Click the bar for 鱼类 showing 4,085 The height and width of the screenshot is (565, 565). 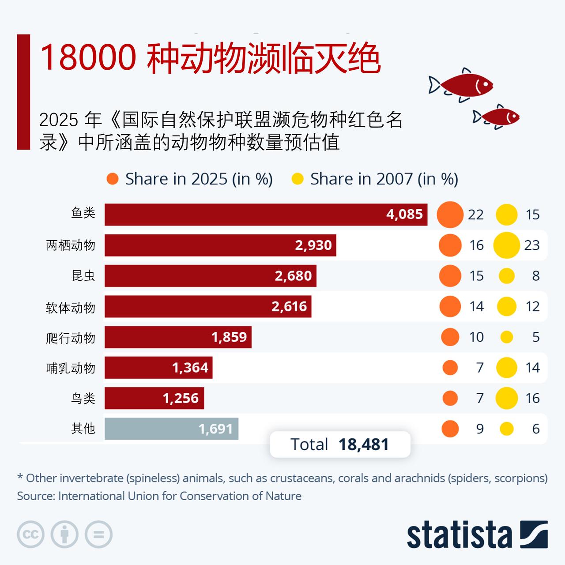265,215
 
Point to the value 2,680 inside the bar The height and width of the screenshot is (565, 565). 293,276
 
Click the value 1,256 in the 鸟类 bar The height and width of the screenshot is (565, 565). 181,398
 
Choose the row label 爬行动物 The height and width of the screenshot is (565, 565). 71,338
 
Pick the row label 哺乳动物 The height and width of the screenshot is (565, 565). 71,368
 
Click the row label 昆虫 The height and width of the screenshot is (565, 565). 83,276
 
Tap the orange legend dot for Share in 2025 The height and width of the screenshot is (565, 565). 113,179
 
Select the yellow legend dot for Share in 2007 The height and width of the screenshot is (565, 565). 298,179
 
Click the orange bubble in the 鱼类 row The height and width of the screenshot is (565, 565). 450,215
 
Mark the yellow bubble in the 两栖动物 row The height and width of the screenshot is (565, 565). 506,245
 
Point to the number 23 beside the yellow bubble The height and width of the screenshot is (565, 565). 532,245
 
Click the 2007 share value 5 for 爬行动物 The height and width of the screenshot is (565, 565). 535,337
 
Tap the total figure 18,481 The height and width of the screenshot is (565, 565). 364,444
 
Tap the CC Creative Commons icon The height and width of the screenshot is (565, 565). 30,535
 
